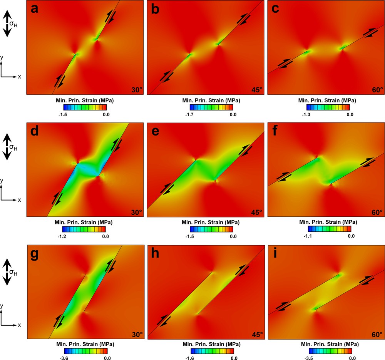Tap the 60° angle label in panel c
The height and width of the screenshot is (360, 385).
click(375, 90)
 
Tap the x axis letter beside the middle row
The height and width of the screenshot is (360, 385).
click(19, 200)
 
